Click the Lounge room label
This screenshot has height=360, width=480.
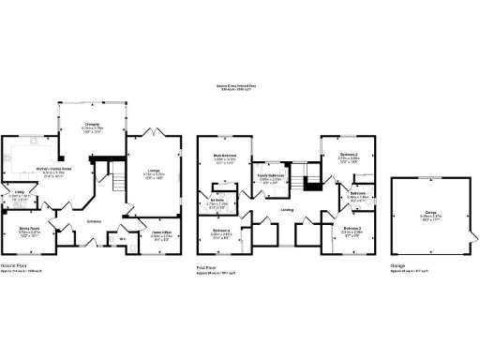(153, 170)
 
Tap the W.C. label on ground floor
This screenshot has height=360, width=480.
(122, 236)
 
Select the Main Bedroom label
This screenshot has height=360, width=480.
(223, 156)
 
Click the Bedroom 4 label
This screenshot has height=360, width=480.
(221, 230)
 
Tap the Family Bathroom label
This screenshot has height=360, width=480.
(272, 176)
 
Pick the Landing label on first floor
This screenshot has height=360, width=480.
(286, 210)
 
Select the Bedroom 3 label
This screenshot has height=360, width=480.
(352, 228)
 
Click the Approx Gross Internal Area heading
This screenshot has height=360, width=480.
(240, 84)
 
